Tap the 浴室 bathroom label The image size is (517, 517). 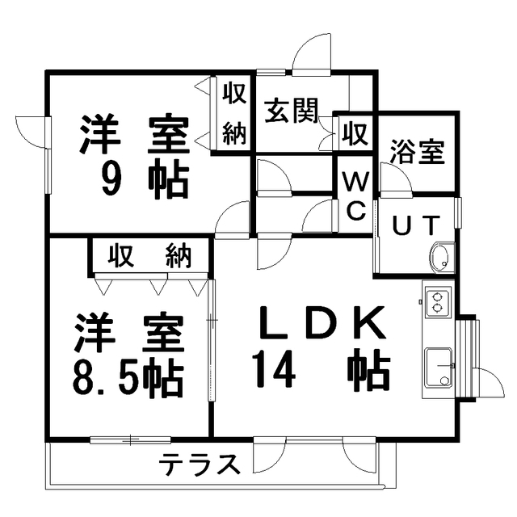(x=418, y=151)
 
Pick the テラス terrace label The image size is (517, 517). (x=200, y=464)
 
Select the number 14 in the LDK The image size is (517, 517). (x=272, y=371)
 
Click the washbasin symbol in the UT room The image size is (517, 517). (x=442, y=258)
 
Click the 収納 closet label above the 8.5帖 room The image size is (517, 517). (x=150, y=256)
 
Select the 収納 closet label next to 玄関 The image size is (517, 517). (x=234, y=113)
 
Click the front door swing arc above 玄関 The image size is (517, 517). (x=311, y=56)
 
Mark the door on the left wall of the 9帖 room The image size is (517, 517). (x=31, y=130)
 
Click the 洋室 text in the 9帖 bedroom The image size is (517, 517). (x=133, y=134)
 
